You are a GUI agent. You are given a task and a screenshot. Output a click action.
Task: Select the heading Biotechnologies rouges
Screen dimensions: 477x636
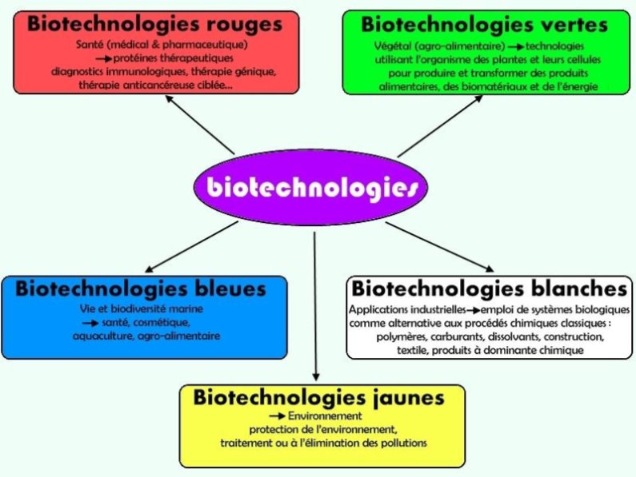155,24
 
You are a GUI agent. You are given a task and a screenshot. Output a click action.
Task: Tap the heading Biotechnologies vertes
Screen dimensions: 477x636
484,24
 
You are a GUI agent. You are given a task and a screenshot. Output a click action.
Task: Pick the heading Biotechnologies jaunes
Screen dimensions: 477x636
318,397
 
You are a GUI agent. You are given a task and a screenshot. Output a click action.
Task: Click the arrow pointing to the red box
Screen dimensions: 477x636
200,124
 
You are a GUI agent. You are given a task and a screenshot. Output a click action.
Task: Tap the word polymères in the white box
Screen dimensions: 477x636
401,337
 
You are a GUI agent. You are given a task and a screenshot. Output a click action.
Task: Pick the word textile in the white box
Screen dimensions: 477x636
414,351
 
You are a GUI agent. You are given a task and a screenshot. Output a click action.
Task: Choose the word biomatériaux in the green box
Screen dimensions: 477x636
507,86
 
